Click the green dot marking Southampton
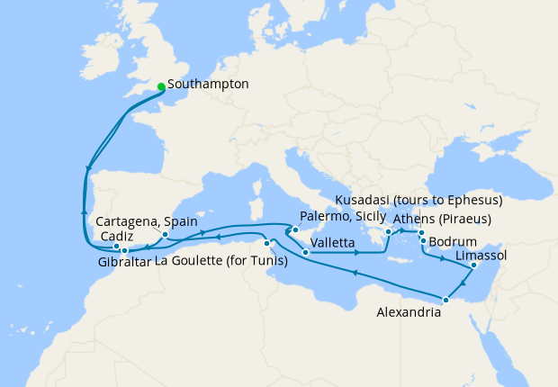(161, 86)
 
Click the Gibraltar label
(124, 262)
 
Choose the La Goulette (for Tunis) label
(221, 262)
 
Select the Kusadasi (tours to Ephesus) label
(418, 199)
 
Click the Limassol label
(481, 256)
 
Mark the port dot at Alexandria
(445, 299)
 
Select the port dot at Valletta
(307, 253)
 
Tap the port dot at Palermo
(294, 230)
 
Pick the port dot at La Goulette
(267, 244)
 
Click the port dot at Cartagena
(166, 235)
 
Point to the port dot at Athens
(389, 232)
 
